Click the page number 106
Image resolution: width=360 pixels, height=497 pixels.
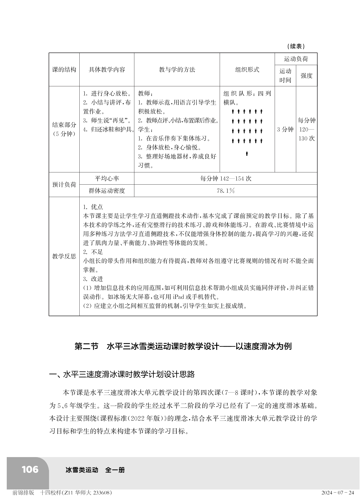pyautogui.click(x=30, y=470)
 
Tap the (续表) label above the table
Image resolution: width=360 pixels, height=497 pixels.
pyautogui.click(x=296, y=46)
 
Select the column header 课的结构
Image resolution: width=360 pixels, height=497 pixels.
pyautogui.click(x=64, y=69)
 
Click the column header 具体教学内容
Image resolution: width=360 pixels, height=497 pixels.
pyautogui.click(x=107, y=69)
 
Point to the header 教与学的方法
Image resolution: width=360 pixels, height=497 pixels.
pyautogui.click(x=177, y=69)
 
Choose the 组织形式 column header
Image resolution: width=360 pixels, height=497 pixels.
pyautogui.click(x=247, y=69)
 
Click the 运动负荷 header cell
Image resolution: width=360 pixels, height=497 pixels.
pyautogui.click(x=296, y=59)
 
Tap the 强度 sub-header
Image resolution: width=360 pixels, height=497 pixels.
pyautogui.click(x=306, y=76)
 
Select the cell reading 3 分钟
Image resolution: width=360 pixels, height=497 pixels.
pyautogui.click(x=285, y=129)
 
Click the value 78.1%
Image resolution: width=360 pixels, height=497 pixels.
pyautogui.click(x=226, y=191)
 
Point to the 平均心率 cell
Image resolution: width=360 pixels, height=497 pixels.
pyautogui.click(x=107, y=178)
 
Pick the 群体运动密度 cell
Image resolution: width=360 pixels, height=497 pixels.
pyautogui.click(x=107, y=191)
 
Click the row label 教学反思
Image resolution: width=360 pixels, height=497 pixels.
pyautogui.click(x=64, y=256)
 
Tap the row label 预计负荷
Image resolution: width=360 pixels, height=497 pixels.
pyautogui.click(x=64, y=185)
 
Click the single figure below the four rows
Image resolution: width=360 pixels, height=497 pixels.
pyautogui.click(x=247, y=154)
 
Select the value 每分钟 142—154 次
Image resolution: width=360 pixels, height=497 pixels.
pyautogui.click(x=226, y=178)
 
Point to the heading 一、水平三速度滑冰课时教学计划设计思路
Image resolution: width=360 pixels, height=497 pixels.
pyautogui.click(x=122, y=374)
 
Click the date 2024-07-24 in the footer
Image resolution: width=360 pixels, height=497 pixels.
pyautogui.click(x=337, y=493)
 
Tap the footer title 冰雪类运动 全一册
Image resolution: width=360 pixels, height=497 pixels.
pyautogui.click(x=95, y=470)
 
